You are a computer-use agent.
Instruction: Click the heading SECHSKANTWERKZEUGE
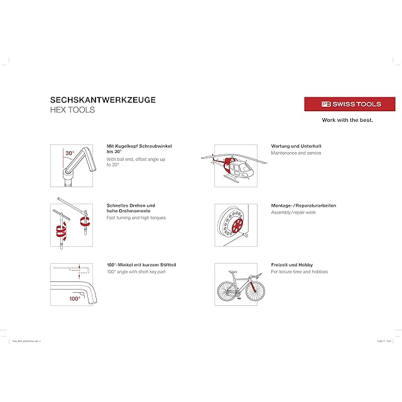pyautogui.click(x=103, y=99)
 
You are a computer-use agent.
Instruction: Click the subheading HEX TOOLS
pyautogui.click(x=72, y=110)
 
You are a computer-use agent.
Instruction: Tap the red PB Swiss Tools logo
pyautogui.click(x=350, y=104)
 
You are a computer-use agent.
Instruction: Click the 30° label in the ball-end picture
pyautogui.click(x=70, y=153)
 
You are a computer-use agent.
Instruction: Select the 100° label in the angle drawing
pyautogui.click(x=75, y=298)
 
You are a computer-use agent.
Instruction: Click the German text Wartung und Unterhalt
pyautogui.click(x=296, y=146)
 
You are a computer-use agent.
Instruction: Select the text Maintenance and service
pyautogui.click(x=296, y=153)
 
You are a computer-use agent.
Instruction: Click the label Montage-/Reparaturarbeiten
pyautogui.click(x=303, y=205)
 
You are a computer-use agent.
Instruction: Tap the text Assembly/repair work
pyautogui.click(x=293, y=212)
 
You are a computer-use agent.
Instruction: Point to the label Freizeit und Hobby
pyautogui.click(x=291, y=265)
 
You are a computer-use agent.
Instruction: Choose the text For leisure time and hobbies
pyautogui.click(x=299, y=272)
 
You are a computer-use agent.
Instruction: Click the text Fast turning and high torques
pyautogui.click(x=135, y=217)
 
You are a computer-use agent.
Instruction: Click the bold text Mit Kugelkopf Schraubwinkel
pyautogui.click(x=139, y=146)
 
